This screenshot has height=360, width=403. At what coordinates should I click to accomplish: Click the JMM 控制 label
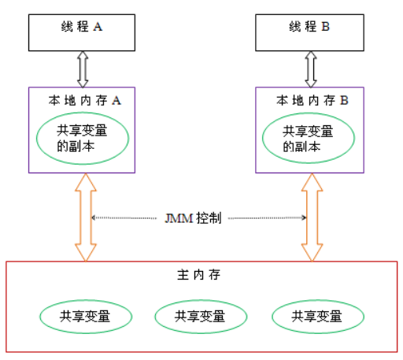tap(194, 217)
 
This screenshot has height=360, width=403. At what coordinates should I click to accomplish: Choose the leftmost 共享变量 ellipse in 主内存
tap(84, 317)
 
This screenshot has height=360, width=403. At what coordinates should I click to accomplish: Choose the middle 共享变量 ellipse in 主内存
tap(200, 317)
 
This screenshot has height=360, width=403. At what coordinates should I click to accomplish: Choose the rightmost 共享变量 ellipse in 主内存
tap(317, 317)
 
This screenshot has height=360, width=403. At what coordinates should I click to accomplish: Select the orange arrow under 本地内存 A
tap(86, 217)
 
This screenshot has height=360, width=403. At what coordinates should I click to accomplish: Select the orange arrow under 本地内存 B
tap(312, 217)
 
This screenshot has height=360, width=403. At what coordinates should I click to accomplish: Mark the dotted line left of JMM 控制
tap(126, 217)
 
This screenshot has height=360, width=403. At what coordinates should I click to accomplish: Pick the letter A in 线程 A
tap(98, 26)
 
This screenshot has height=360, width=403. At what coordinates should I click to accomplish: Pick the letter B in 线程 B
tap(325, 26)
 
